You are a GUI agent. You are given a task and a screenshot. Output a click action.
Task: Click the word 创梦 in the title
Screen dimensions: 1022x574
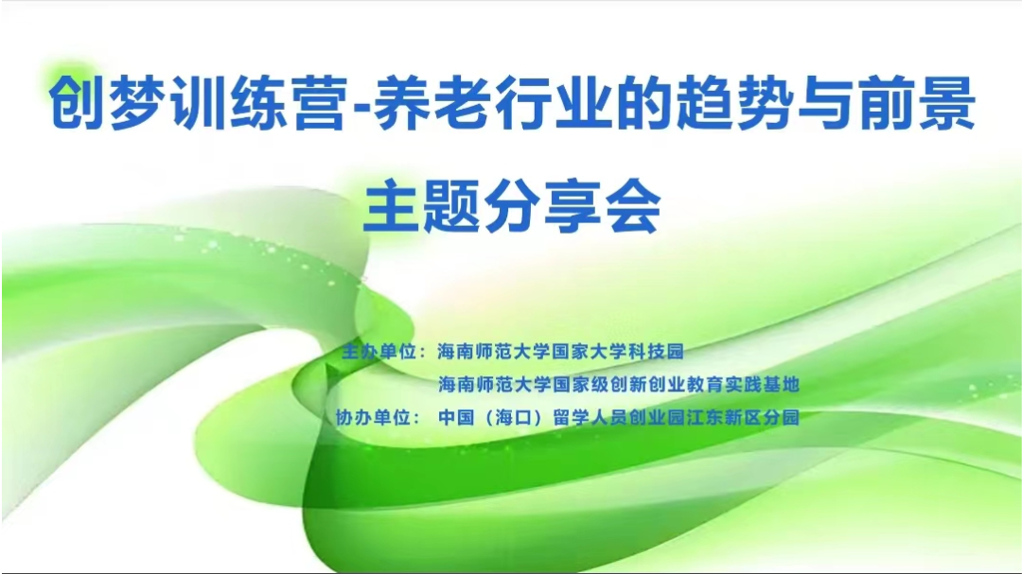106,103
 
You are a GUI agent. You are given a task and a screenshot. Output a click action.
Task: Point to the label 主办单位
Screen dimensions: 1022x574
379,352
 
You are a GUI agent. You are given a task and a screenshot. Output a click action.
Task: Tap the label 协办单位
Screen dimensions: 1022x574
373,417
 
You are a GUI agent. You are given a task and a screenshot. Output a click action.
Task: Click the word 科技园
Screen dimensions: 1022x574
656,352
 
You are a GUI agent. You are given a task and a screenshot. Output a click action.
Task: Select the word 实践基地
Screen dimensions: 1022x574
762,385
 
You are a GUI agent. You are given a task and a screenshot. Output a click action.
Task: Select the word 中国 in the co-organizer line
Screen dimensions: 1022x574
456,417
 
